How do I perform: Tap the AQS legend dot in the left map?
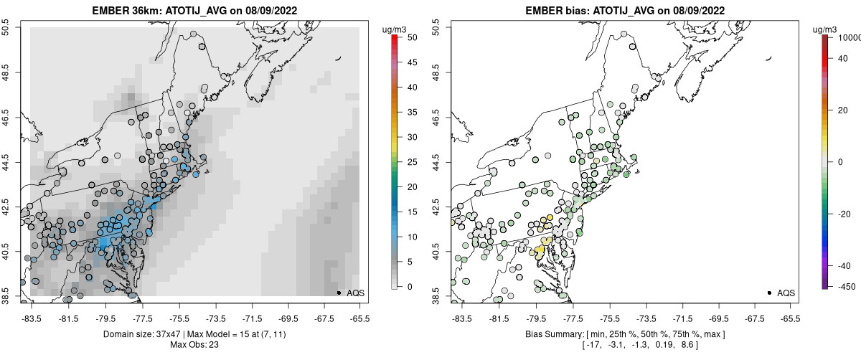pos(338,293)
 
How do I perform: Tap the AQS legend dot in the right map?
pos(768,293)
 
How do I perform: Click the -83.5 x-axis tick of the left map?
pos(31,318)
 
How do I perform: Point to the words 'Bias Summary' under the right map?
pos(550,334)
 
